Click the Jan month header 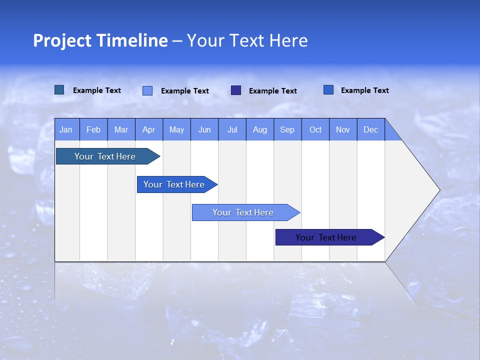[x=66, y=129]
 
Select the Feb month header [x=93, y=129]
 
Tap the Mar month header [x=121, y=129]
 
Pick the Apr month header [x=149, y=129]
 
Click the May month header [x=176, y=129]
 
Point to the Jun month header [x=204, y=129]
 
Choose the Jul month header [x=232, y=129]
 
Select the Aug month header [x=260, y=129]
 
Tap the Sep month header [x=287, y=129]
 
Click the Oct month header [x=315, y=129]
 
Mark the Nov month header [x=343, y=129]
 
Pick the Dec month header [x=371, y=129]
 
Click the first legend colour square [x=59, y=90]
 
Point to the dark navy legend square [x=236, y=90]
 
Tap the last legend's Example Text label [x=364, y=90]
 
